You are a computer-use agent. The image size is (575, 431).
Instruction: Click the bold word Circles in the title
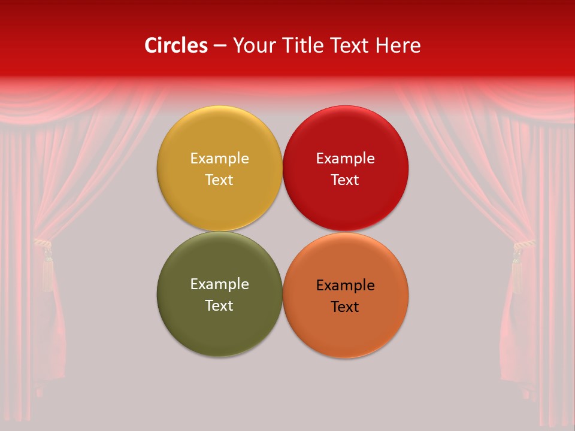click(x=175, y=45)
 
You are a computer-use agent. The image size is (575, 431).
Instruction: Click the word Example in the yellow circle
click(x=219, y=159)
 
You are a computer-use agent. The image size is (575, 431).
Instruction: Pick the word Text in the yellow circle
click(x=219, y=180)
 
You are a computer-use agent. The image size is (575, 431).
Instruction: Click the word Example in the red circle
click(x=346, y=159)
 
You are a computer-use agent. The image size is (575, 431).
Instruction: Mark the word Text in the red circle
click(x=346, y=180)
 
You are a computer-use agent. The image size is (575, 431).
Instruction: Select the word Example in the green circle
click(x=219, y=284)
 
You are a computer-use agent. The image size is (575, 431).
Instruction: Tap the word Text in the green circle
click(x=219, y=306)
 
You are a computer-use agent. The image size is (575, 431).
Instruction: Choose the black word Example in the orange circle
click(x=346, y=286)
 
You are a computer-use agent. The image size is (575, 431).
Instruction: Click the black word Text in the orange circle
click(x=346, y=307)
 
